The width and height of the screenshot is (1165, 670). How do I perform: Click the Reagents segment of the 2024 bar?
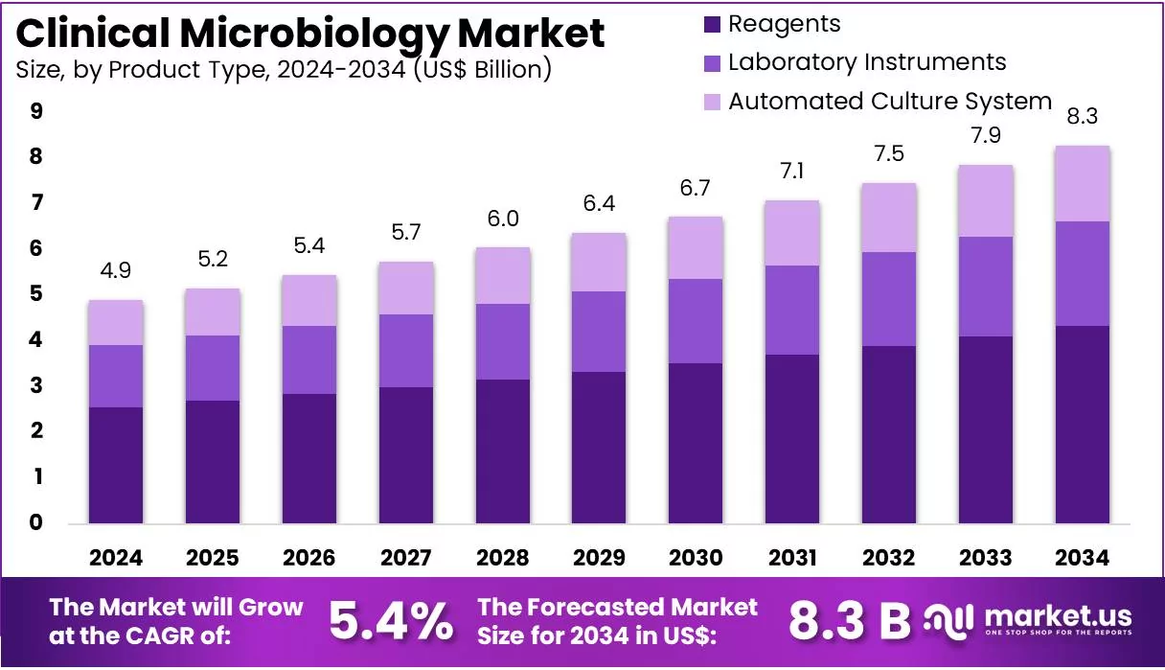(116, 465)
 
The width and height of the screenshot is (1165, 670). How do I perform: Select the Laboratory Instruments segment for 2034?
(1083, 273)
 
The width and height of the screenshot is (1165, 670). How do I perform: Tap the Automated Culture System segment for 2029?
(599, 263)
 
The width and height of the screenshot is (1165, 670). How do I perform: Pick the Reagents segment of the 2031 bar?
(792, 439)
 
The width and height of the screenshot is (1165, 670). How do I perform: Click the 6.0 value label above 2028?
(503, 219)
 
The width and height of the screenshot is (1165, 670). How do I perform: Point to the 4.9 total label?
(116, 270)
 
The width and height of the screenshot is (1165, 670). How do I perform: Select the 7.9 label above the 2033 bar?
(986, 136)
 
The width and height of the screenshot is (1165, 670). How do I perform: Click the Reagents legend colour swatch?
(712, 25)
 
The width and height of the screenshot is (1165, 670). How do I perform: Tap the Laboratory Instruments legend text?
(867, 62)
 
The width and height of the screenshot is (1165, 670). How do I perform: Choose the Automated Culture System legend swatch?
(712, 102)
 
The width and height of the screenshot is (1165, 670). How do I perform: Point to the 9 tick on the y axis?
(36, 111)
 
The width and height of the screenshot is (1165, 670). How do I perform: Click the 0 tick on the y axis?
(35, 522)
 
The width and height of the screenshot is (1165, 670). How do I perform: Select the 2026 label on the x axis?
(309, 558)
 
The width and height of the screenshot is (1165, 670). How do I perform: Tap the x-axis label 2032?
(889, 558)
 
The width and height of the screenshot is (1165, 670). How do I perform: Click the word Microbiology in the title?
(314, 35)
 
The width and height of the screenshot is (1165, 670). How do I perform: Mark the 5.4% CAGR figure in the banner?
(391, 622)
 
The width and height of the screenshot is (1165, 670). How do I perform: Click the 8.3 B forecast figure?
(849, 622)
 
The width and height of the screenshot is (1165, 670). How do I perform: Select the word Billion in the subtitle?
(508, 70)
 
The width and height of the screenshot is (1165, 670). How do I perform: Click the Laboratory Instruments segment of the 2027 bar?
(406, 351)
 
